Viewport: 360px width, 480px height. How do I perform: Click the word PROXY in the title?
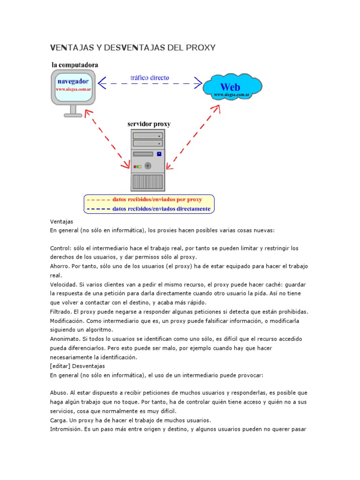[200, 47]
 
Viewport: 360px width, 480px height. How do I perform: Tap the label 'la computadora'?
[75, 64]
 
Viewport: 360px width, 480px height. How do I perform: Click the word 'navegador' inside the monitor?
[73, 81]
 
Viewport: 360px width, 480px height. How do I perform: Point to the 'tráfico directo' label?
[150, 77]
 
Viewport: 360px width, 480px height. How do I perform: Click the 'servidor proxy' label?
[149, 124]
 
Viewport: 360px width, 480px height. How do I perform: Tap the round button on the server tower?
[148, 165]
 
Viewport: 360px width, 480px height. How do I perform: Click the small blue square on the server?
[159, 154]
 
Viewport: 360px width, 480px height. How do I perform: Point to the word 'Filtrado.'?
[61, 312]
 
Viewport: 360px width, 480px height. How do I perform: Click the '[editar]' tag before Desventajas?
[60, 366]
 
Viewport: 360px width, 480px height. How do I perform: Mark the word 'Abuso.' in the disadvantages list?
[60, 393]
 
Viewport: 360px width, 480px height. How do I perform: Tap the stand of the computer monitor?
[73, 111]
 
